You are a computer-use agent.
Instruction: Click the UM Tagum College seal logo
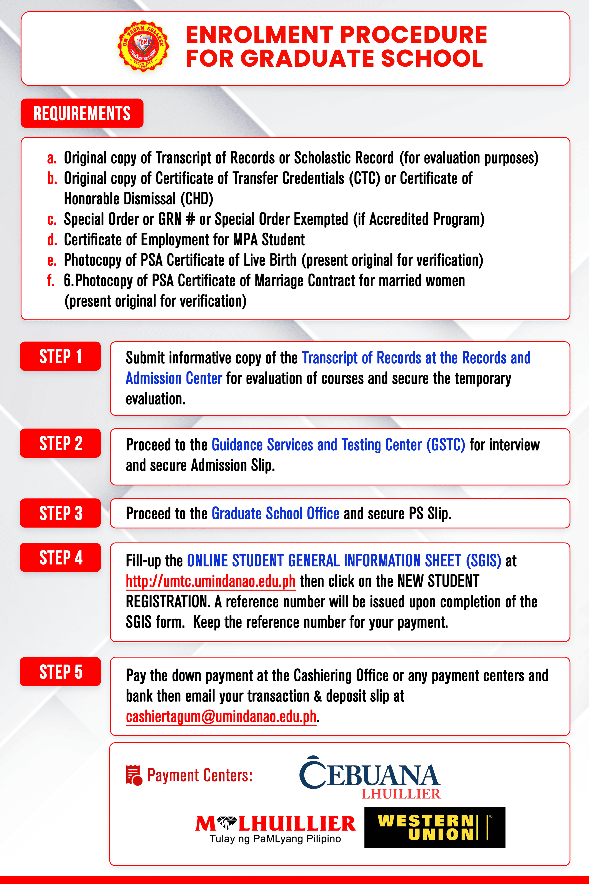tap(143, 46)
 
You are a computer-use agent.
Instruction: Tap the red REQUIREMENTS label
tap(82, 113)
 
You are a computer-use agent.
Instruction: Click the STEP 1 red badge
tap(60, 356)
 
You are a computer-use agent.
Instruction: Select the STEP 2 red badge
tap(60, 443)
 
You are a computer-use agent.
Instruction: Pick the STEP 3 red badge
tap(60, 513)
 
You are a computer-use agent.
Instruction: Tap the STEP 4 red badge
tap(60, 557)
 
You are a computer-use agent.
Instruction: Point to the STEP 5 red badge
tap(60, 672)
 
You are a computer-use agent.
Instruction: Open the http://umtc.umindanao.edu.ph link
tap(210, 581)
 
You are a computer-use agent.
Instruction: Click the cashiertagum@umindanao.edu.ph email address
tap(221, 716)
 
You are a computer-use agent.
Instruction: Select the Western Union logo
tap(435, 827)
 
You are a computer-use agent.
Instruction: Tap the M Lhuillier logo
tap(275, 828)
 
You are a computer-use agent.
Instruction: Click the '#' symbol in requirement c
tap(190, 219)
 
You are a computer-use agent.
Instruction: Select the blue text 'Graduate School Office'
tap(275, 513)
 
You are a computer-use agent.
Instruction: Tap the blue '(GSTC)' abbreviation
tap(446, 445)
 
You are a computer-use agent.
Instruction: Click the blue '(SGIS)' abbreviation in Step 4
tap(483, 561)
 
